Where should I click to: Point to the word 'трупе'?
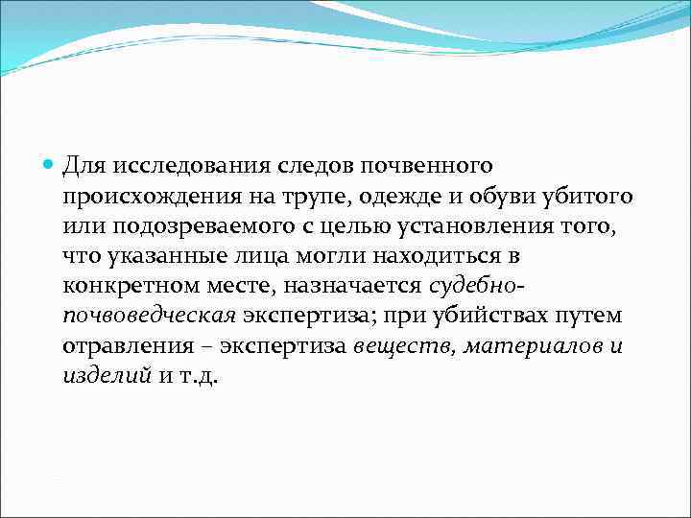pyautogui.click(x=294, y=199)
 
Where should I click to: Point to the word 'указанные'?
pyautogui.click(x=152, y=258)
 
